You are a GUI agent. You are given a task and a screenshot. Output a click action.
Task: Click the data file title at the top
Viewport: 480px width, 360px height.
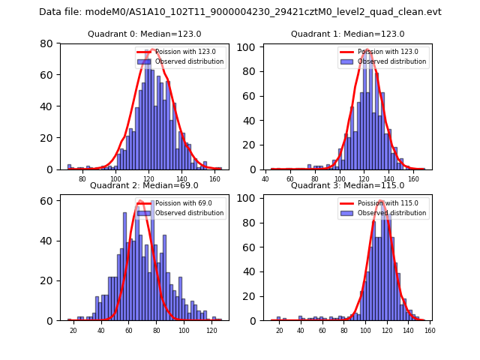240,12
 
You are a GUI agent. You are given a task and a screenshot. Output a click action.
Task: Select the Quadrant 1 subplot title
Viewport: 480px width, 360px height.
347,34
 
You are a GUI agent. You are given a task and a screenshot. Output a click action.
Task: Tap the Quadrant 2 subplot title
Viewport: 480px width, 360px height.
144,185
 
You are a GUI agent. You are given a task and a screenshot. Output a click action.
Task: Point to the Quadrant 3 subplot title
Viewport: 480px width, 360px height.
347,185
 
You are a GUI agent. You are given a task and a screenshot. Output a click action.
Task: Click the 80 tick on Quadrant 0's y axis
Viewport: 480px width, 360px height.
47,43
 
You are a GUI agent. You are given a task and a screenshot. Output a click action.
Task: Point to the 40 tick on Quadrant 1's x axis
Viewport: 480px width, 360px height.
265,180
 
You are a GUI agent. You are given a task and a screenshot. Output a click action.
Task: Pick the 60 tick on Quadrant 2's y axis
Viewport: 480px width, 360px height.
47,201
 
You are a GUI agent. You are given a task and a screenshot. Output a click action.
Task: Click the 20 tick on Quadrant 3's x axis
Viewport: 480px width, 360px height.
279,331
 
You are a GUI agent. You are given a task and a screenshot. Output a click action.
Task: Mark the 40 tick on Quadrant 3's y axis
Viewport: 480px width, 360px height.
250,271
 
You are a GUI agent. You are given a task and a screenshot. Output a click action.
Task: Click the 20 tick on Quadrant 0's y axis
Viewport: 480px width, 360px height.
47,138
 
